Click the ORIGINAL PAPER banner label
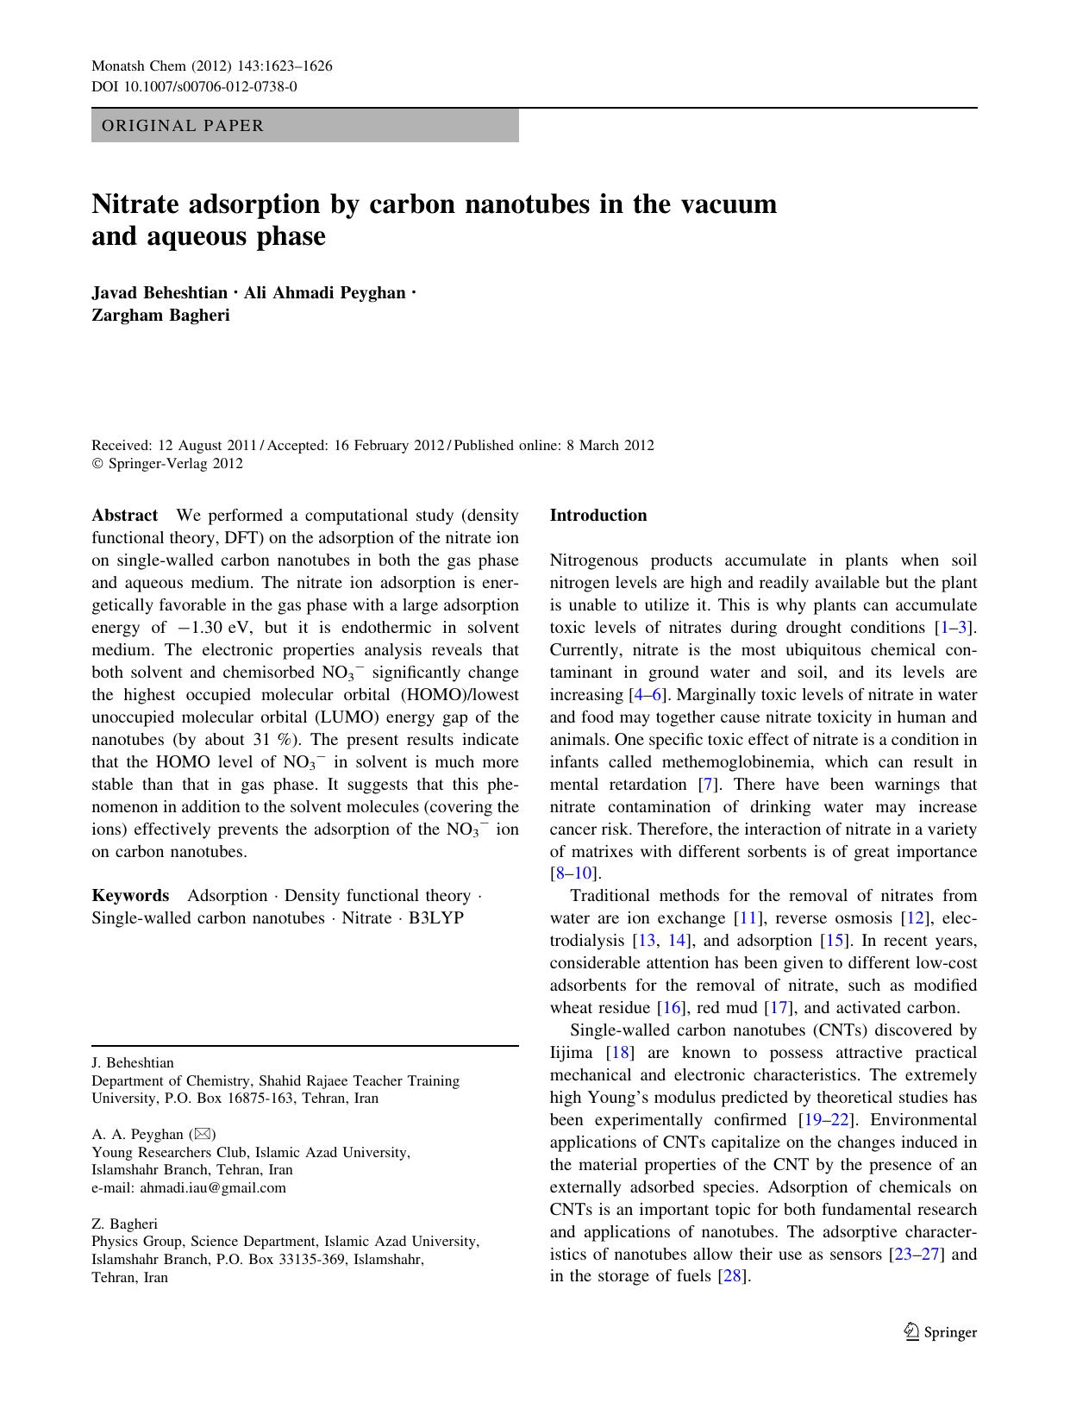point(183,126)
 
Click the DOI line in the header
point(194,86)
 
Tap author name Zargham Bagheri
point(160,315)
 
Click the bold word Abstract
point(125,516)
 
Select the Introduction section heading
point(598,516)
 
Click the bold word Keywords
point(130,896)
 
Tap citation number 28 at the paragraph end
point(732,1277)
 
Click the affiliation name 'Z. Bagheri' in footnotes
point(125,1224)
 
